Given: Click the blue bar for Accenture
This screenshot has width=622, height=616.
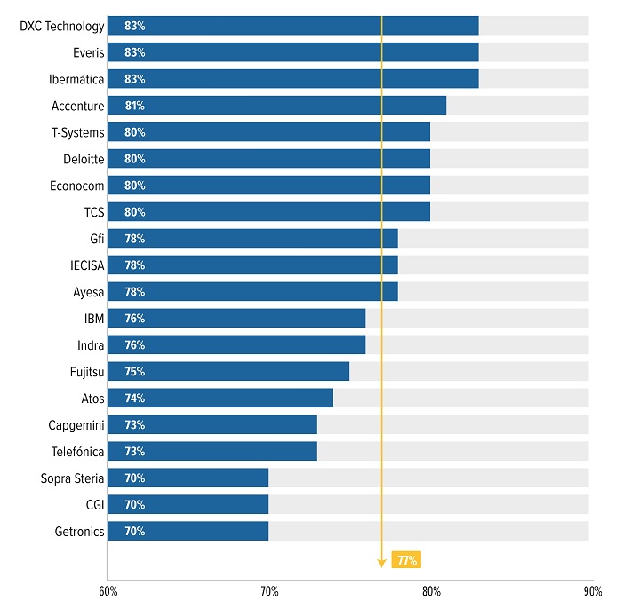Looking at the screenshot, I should [x=276, y=106].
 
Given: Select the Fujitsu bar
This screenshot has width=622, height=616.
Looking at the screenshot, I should [x=228, y=372].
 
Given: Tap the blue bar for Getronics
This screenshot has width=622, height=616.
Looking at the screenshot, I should [x=187, y=532].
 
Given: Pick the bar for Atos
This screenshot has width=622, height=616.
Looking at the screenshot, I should [x=220, y=399].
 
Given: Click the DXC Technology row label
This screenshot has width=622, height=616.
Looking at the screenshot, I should [x=62, y=26].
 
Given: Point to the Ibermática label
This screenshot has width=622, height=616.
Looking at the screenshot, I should [x=76, y=79].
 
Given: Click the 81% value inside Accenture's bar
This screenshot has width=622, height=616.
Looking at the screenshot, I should [x=135, y=106].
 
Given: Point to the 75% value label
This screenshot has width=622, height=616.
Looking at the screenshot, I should [x=135, y=372].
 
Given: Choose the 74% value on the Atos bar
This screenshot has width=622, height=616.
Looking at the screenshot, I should [x=135, y=399].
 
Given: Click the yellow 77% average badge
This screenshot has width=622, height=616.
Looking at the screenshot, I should [x=407, y=560].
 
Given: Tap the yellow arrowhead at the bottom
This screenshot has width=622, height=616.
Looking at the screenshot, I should [x=381, y=563].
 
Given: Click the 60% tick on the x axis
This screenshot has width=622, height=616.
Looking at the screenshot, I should [x=108, y=591].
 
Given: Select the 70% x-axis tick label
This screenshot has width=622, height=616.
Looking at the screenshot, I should [x=269, y=591].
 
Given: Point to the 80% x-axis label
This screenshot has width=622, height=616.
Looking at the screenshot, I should [x=431, y=591].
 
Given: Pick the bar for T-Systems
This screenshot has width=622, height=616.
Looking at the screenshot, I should [x=268, y=132].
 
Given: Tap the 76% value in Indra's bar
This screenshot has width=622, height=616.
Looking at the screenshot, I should [x=135, y=345].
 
